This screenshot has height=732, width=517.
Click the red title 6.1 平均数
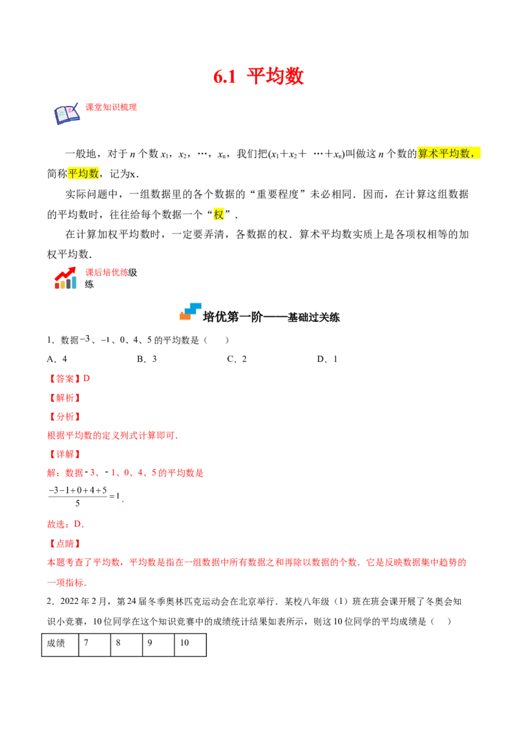tap(258, 76)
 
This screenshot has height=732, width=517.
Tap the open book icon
tap(67, 114)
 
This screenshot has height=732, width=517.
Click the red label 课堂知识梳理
tap(111, 107)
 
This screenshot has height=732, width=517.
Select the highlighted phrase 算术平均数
tap(444, 154)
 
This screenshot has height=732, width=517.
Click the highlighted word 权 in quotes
tap(218, 215)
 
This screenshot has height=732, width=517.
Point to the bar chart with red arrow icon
tap(65, 278)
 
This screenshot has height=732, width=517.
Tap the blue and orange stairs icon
tap(191, 312)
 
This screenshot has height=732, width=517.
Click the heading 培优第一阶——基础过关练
tap(271, 317)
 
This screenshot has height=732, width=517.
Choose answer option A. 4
tap(57, 359)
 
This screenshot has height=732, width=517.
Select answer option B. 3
tap(147, 359)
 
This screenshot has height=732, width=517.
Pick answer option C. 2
tap(237, 359)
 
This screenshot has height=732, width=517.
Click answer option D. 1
tap(327, 359)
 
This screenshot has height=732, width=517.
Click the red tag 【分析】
tap(65, 416)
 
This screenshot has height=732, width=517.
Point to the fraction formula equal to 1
tap(85, 497)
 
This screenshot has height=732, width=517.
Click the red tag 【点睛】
tap(65, 543)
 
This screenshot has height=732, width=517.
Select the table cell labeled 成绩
tap(60, 645)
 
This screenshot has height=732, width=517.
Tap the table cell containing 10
tap(191, 645)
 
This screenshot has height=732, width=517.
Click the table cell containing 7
tap(95, 645)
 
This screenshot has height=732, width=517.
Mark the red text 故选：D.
tap(66, 524)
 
